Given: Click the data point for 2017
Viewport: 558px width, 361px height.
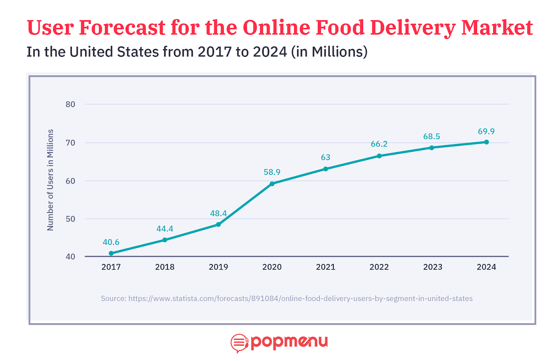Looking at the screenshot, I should tap(111, 253).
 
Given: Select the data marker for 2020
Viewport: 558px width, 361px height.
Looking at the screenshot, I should tap(272, 184).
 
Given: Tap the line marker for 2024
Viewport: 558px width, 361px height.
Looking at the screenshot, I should tap(487, 142).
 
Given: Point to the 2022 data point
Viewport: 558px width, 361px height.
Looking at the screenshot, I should tap(379, 156).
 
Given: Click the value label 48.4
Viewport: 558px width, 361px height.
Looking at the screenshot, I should tap(218, 213).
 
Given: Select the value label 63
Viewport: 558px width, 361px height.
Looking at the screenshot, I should tap(325, 158).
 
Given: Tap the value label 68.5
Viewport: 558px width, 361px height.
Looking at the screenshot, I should tap(431, 137).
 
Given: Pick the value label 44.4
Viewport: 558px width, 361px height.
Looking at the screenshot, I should tap(165, 229).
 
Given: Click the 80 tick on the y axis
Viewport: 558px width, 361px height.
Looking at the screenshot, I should tap(70, 104).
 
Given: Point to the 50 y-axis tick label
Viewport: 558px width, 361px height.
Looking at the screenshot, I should tap(70, 219).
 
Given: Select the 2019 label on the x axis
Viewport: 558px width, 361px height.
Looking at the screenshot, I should tap(218, 267).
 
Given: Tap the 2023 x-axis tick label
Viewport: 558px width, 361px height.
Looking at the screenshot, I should tap(432, 267).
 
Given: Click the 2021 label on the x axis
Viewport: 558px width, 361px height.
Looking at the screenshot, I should tap(325, 267).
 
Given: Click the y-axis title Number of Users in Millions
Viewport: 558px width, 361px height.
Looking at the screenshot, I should tap(51, 180).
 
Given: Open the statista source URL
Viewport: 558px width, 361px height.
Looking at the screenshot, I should tap(300, 299).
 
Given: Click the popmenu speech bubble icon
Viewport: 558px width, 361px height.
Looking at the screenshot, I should tap(239, 343).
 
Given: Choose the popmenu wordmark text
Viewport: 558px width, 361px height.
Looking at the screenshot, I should tap(289, 342).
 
